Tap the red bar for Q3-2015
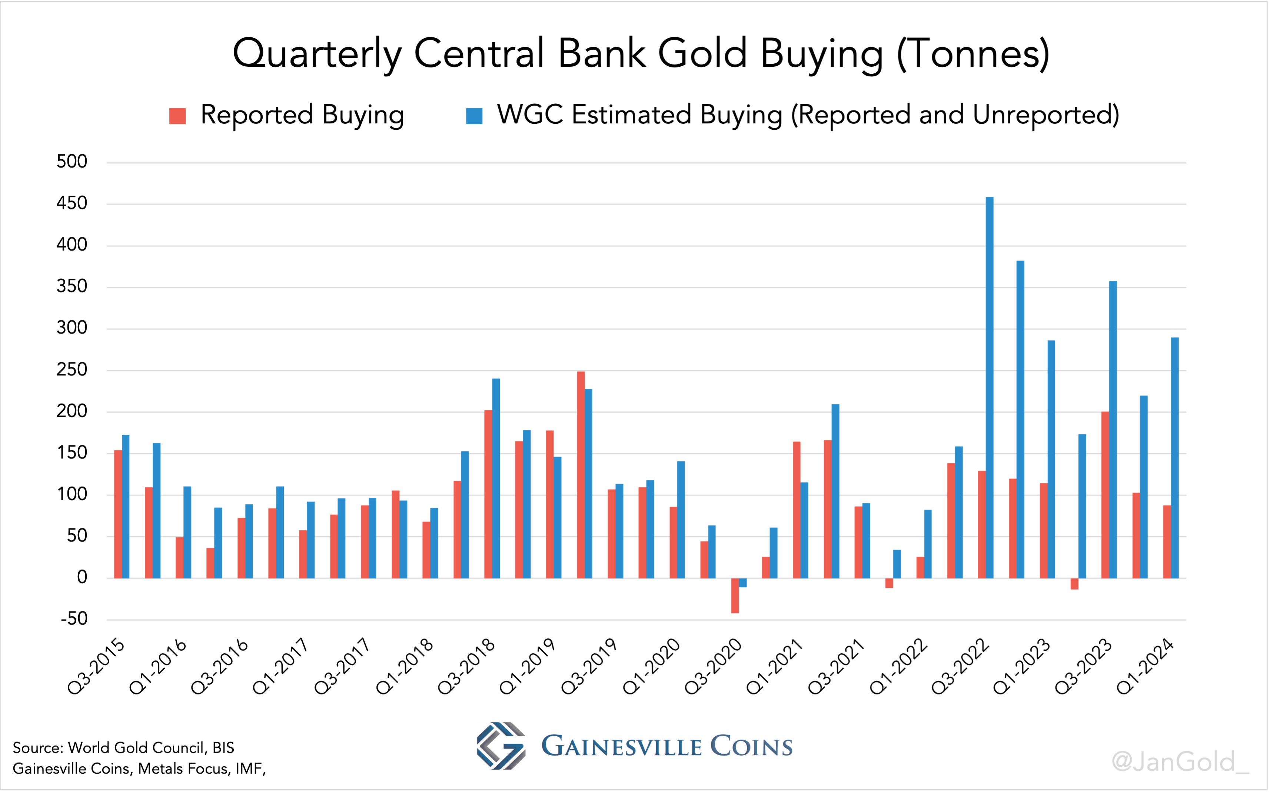(x=118, y=514)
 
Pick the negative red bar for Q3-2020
(x=735, y=595)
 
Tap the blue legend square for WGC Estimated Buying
(x=474, y=116)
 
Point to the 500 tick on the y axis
(x=72, y=162)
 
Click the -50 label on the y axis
(x=74, y=619)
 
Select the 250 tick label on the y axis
(x=72, y=370)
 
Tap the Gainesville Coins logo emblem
(x=501, y=746)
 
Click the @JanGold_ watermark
(x=1180, y=762)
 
